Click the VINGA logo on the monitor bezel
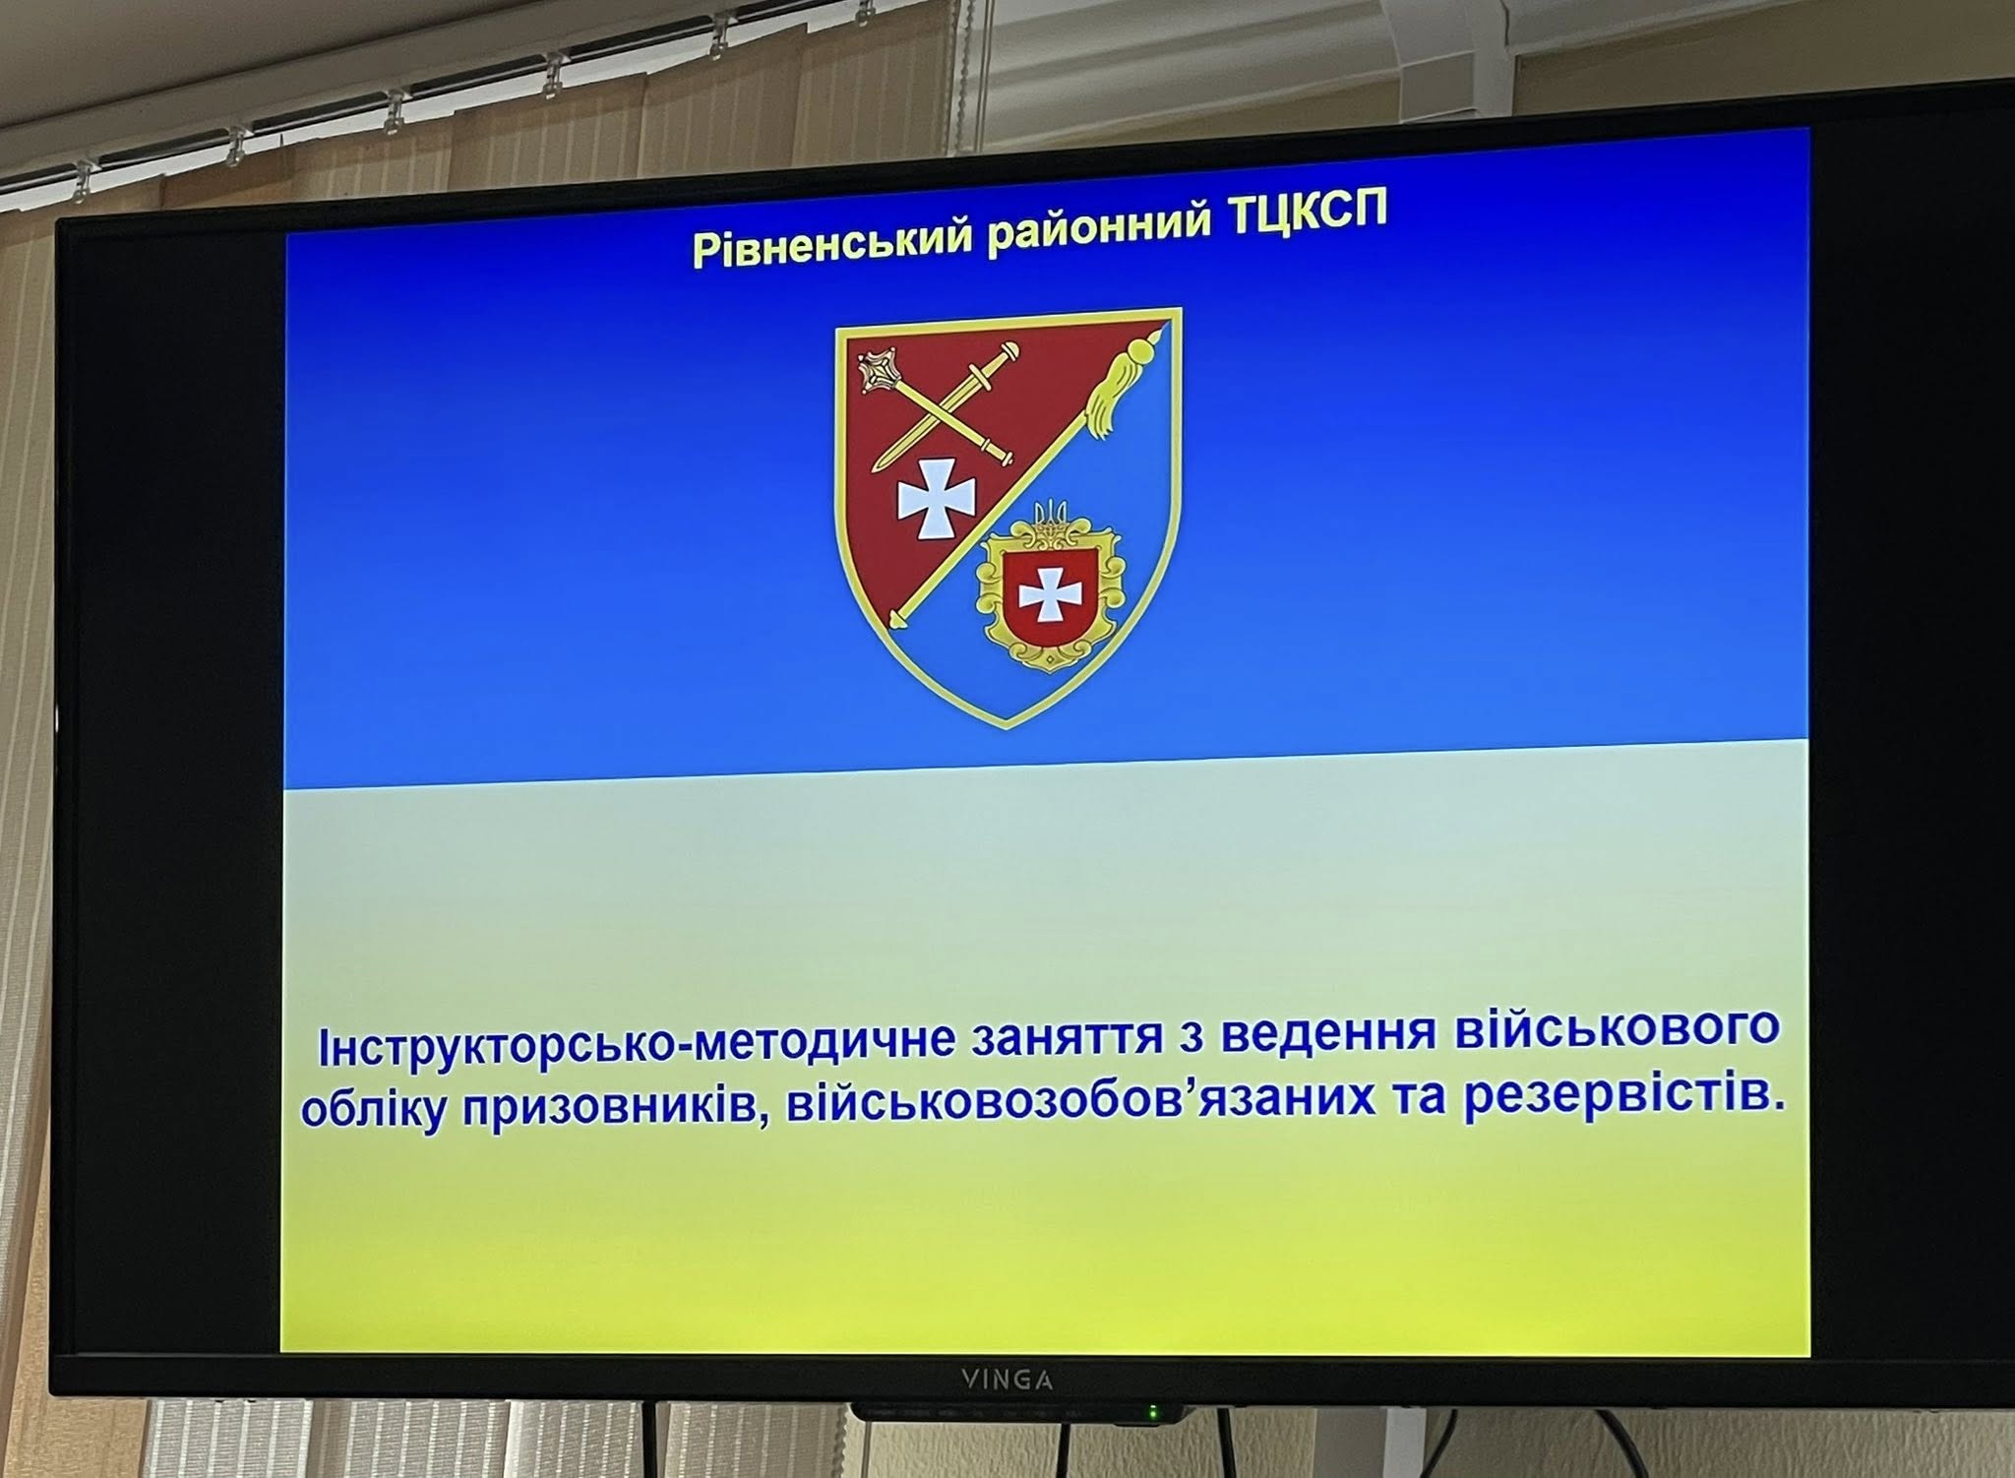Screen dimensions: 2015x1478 (x=1007, y=1381)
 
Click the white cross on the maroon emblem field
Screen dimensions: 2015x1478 (x=926, y=496)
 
